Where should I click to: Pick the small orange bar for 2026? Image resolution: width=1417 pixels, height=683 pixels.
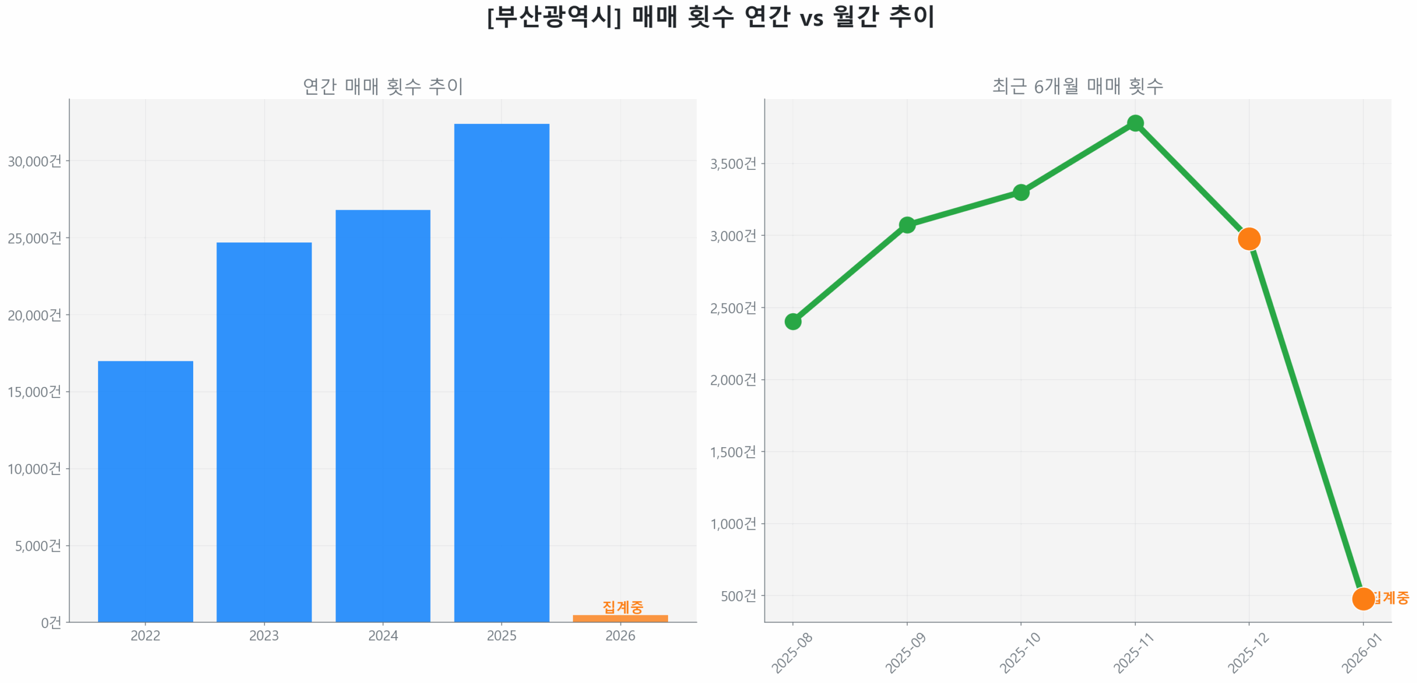[620, 618]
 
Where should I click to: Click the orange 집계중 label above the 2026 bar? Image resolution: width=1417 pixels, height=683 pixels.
[622, 607]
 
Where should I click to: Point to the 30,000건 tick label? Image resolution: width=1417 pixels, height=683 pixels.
[34, 161]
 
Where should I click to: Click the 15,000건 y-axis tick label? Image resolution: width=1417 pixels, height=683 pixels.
[34, 392]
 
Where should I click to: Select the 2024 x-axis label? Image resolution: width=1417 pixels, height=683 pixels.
[382, 635]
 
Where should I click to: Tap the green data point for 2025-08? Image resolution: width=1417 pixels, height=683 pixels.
[793, 321]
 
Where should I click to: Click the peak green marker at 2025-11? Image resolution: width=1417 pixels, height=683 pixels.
[1135, 123]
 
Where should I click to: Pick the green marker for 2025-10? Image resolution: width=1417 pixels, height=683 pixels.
[1021, 192]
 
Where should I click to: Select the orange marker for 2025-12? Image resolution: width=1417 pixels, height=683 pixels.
[1249, 239]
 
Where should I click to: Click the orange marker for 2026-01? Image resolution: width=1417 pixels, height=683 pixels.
[1363, 598]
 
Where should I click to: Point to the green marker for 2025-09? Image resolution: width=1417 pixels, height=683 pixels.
[907, 225]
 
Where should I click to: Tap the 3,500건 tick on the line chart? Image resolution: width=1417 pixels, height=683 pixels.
[733, 164]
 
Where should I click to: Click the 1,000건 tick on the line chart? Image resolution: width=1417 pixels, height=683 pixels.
[733, 524]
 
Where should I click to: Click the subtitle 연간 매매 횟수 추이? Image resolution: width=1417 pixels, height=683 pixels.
[382, 86]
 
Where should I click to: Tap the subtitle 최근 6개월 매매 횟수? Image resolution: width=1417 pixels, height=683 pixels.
[1077, 86]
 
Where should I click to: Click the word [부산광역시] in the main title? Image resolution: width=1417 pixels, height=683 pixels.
[554, 17]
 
